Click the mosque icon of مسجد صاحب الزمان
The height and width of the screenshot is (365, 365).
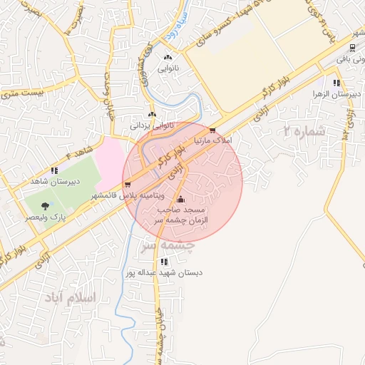click(179, 199)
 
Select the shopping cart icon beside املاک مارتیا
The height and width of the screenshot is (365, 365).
click(212, 130)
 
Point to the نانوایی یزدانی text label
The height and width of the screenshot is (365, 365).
click(151, 124)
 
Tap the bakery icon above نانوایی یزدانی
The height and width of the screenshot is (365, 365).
click(151, 113)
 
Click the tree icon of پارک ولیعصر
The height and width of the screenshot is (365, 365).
click(45, 205)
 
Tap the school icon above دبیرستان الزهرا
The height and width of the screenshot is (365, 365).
click(335, 82)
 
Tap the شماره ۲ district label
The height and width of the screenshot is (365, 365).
click(304, 131)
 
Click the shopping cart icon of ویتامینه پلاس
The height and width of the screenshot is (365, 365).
click(128, 185)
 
